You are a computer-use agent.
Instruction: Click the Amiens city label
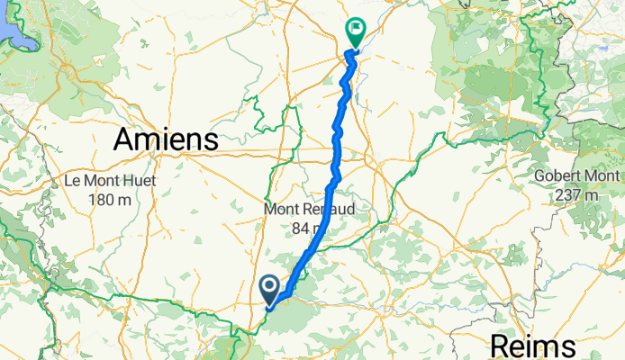pos(167,139)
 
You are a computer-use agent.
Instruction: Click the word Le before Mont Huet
pos(75,181)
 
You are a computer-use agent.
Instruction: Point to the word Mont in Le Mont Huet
pos(104,181)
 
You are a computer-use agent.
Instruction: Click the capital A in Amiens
pos(123,139)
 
